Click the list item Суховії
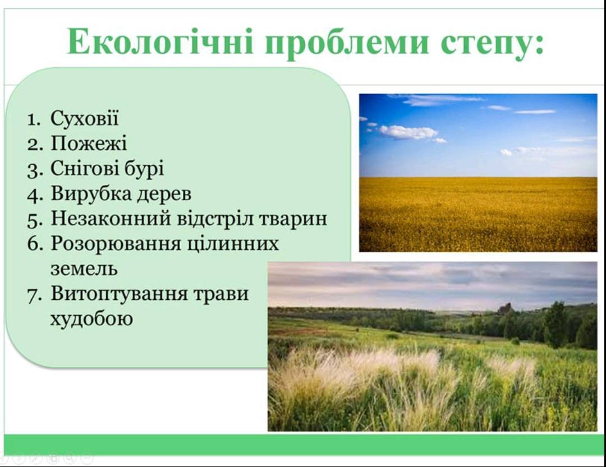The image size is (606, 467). [x=84, y=118]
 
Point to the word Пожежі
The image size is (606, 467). [x=89, y=144]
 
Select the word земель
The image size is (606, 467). [x=84, y=269]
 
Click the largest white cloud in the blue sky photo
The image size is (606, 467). [x=408, y=132]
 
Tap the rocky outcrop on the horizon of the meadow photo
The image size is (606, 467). [x=505, y=308]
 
